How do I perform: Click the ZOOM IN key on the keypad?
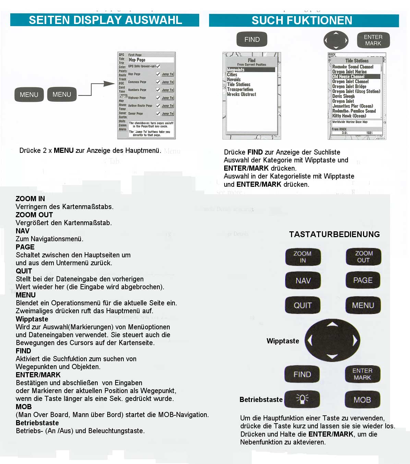click(303, 257)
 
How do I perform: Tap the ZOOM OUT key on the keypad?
click(363, 257)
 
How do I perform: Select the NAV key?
click(303, 281)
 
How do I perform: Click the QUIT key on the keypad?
click(303, 305)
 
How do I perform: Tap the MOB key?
click(362, 400)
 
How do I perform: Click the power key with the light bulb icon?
click(302, 399)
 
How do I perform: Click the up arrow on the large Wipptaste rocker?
click(332, 325)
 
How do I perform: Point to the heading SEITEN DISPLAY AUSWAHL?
click(105, 20)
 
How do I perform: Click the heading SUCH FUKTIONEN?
click(302, 21)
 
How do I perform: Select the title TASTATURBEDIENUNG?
click(334, 234)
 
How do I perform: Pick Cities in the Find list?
click(232, 74)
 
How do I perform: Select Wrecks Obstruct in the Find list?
click(242, 94)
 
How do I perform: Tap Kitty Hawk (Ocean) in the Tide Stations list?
click(349, 116)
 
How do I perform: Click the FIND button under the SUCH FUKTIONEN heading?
click(252, 39)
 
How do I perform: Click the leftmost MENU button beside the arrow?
click(29, 95)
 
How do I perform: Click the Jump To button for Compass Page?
click(168, 82)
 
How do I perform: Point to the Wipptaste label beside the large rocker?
click(283, 341)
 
